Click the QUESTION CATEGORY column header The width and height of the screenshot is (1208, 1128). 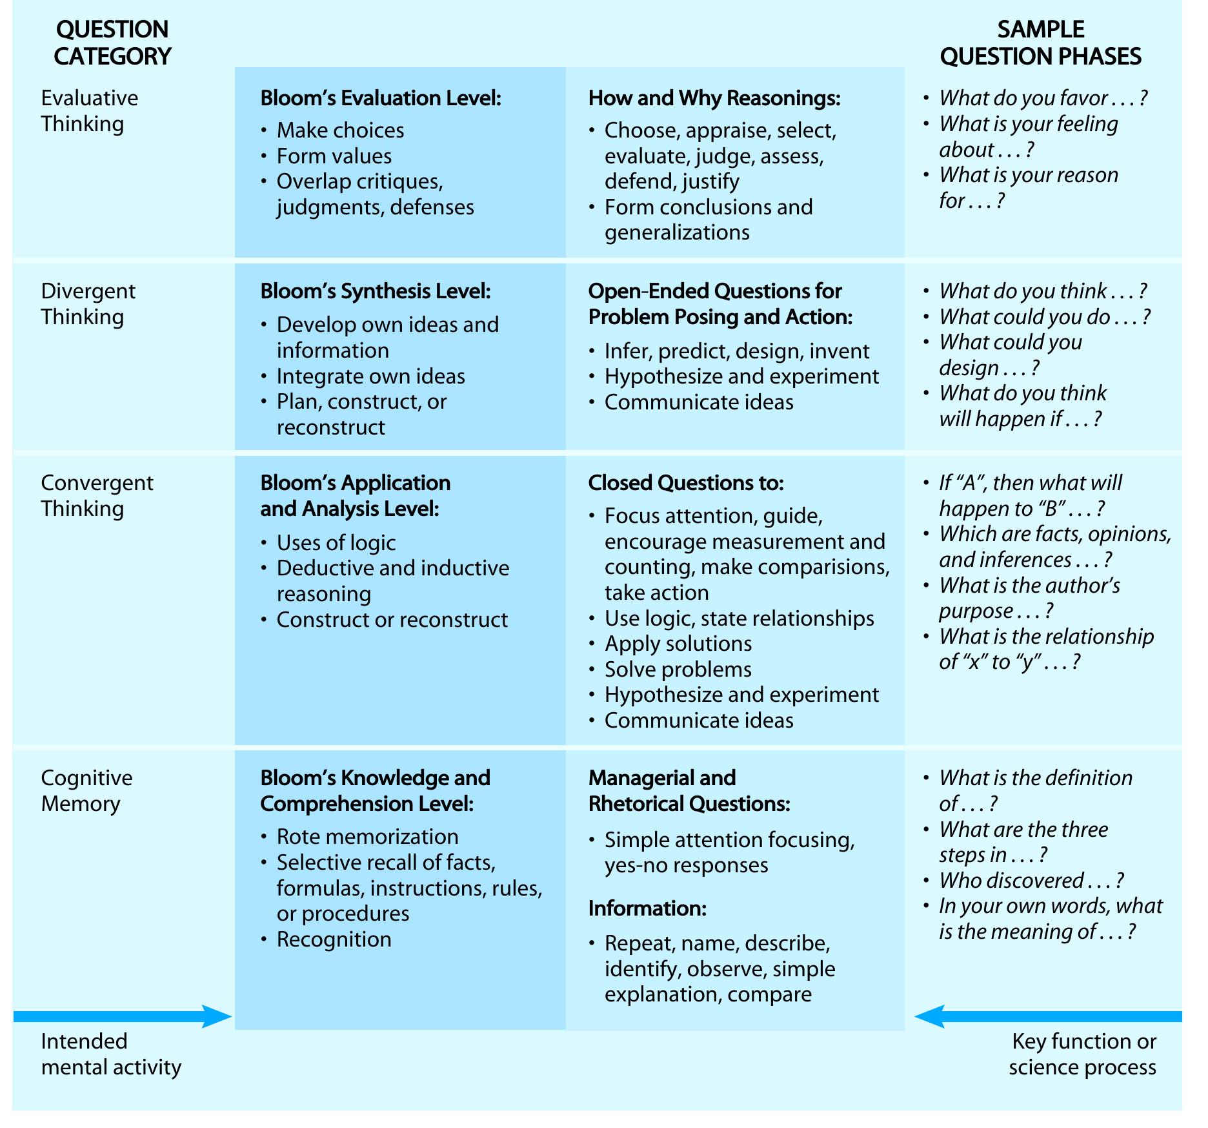(112, 43)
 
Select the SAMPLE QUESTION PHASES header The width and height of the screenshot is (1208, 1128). (1040, 43)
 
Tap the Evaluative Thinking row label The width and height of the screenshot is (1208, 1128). (89, 110)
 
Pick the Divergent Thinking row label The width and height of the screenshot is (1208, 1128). (88, 303)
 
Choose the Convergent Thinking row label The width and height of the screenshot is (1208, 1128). (97, 495)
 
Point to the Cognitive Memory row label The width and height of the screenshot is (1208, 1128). (86, 790)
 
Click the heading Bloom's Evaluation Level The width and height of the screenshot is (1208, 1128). (381, 98)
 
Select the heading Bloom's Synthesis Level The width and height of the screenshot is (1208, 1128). (376, 291)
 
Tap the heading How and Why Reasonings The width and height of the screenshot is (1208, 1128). (714, 98)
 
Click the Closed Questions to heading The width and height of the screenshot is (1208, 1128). (686, 483)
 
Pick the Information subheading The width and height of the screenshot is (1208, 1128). (647, 908)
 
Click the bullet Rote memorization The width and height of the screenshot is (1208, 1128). (367, 837)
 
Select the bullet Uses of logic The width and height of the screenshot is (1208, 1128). (336, 543)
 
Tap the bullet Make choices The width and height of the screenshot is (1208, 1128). (340, 130)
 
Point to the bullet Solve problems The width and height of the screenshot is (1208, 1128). (678, 670)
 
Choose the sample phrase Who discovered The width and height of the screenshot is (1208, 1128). (1031, 881)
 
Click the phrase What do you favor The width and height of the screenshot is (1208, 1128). (1043, 98)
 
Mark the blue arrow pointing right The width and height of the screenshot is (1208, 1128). (123, 1016)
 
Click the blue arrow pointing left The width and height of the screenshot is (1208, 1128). (1048, 1016)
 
